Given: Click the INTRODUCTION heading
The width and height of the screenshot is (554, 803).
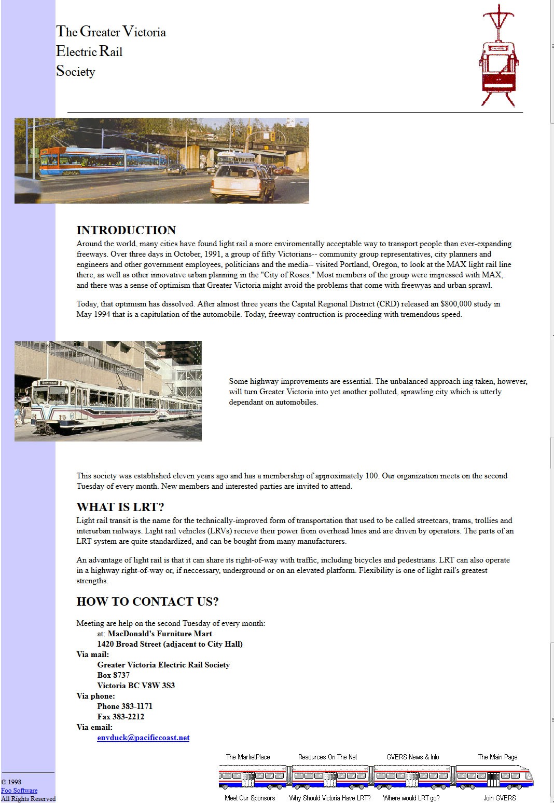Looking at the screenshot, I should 126,230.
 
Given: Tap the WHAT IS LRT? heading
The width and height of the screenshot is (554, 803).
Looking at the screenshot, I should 120,507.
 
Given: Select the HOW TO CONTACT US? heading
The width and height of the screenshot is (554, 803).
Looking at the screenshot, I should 147,601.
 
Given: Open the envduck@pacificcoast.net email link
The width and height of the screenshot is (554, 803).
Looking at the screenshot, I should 143,738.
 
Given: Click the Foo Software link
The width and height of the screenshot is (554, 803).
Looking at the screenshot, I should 19,790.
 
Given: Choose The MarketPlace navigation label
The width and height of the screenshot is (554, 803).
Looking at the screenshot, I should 248,757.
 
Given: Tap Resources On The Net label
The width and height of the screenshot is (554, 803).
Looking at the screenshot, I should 327,757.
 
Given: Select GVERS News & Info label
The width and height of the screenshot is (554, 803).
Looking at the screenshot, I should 412,757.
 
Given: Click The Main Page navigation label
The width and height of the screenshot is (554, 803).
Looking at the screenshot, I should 497,757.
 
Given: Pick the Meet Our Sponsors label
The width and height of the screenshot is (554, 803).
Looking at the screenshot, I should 250,798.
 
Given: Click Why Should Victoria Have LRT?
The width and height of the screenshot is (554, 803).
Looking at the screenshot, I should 330,798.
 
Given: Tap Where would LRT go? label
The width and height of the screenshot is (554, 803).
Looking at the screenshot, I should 411,798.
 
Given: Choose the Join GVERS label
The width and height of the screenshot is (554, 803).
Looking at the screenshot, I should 500,798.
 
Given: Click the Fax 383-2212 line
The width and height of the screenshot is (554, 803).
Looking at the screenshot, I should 121,717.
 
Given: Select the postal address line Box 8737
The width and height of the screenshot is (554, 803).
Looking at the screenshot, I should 114,675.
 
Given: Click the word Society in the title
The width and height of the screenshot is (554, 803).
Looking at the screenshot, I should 76,71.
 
